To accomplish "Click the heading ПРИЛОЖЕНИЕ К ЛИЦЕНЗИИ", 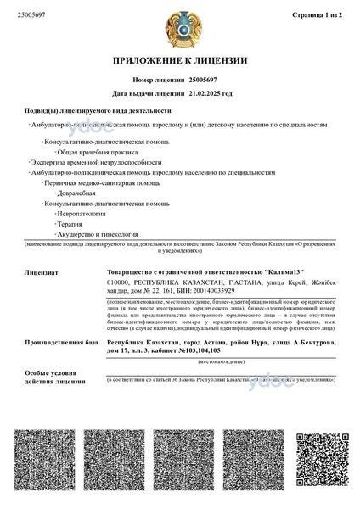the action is pyautogui.click(x=180, y=61).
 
